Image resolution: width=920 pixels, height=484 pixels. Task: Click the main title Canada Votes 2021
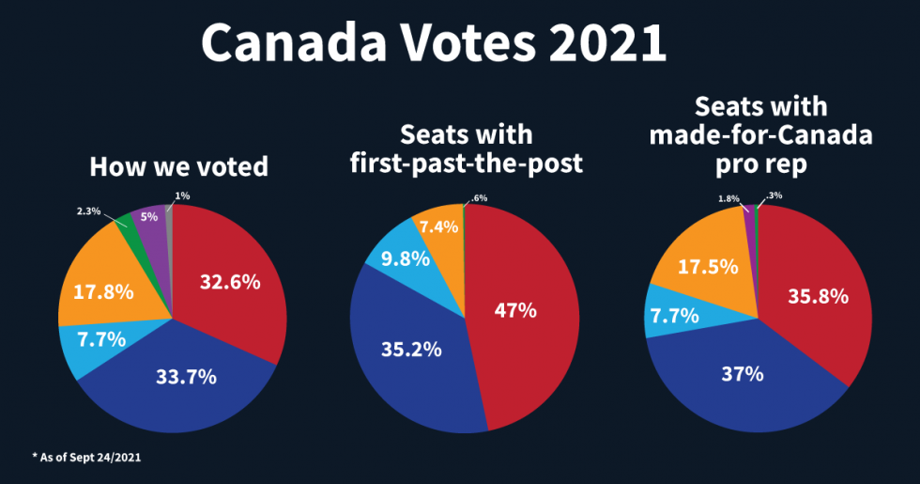tap(433, 42)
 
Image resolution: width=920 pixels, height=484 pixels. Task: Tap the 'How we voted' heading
tap(178, 167)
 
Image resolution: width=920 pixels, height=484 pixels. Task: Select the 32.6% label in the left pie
tap(229, 281)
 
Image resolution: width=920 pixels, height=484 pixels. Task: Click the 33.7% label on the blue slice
tap(185, 377)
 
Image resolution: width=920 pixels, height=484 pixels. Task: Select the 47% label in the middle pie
tap(515, 309)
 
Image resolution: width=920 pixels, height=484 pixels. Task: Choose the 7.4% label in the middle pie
tap(439, 226)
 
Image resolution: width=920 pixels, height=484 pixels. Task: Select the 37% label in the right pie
tap(742, 373)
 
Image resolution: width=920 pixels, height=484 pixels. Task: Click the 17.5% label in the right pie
tap(704, 268)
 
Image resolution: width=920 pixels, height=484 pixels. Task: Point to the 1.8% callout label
tap(728, 198)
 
